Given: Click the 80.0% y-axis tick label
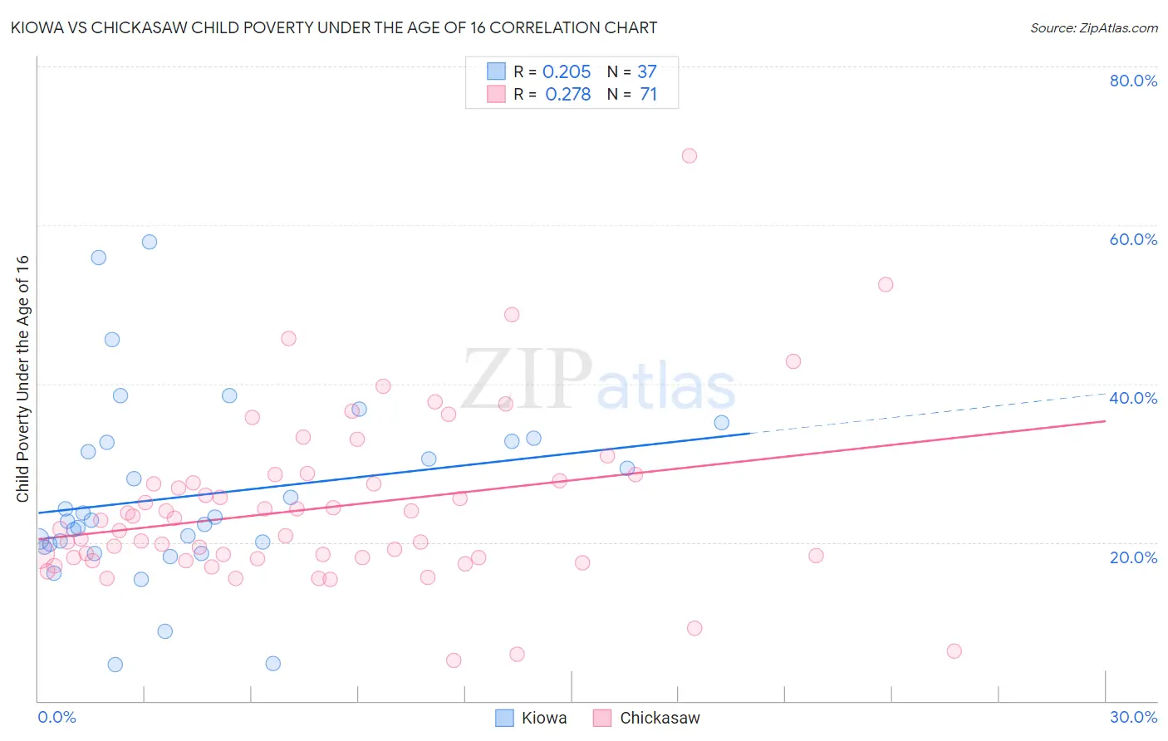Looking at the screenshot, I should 1133,81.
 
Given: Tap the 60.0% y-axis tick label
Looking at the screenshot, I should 1133,239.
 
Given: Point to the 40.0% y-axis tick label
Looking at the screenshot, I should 1133,398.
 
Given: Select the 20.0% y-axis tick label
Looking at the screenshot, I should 1133,557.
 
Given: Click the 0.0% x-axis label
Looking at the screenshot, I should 56,717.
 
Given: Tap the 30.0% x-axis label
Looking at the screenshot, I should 1133,717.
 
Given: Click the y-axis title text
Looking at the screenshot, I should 22,378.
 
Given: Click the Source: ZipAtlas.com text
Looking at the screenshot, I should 1093,27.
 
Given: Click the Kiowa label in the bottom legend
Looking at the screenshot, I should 544,718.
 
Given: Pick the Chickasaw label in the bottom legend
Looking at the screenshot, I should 660,718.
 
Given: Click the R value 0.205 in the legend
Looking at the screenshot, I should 567,72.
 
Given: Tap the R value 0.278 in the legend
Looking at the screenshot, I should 567,95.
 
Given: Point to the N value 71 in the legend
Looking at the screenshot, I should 648,95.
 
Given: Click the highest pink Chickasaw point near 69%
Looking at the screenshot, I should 689,155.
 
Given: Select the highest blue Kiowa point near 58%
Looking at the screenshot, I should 150,242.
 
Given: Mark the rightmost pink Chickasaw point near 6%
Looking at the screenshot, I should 954,651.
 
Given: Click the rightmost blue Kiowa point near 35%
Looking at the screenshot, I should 721,423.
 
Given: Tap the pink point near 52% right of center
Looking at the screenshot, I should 886,284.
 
